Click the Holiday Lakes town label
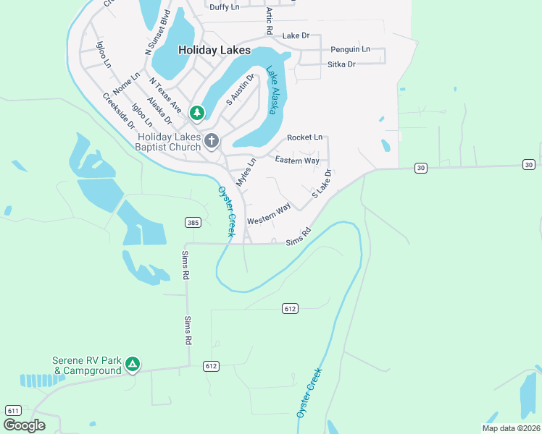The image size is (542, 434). point(214,51)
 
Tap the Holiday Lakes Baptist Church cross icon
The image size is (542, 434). point(212,140)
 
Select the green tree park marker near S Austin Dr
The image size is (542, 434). point(196,113)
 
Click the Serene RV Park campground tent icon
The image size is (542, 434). point(132,364)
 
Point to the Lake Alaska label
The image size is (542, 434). point(273,90)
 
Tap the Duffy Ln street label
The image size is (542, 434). point(224,7)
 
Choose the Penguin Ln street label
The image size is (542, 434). point(350,49)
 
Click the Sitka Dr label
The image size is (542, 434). point(341,64)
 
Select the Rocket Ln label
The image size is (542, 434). point(304,137)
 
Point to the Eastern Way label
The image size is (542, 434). point(297,160)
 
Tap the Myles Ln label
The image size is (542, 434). point(246,172)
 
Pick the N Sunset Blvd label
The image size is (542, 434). point(157,33)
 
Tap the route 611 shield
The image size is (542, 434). point(12,410)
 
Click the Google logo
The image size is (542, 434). point(24,425)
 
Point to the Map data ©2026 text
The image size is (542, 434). point(511,428)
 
